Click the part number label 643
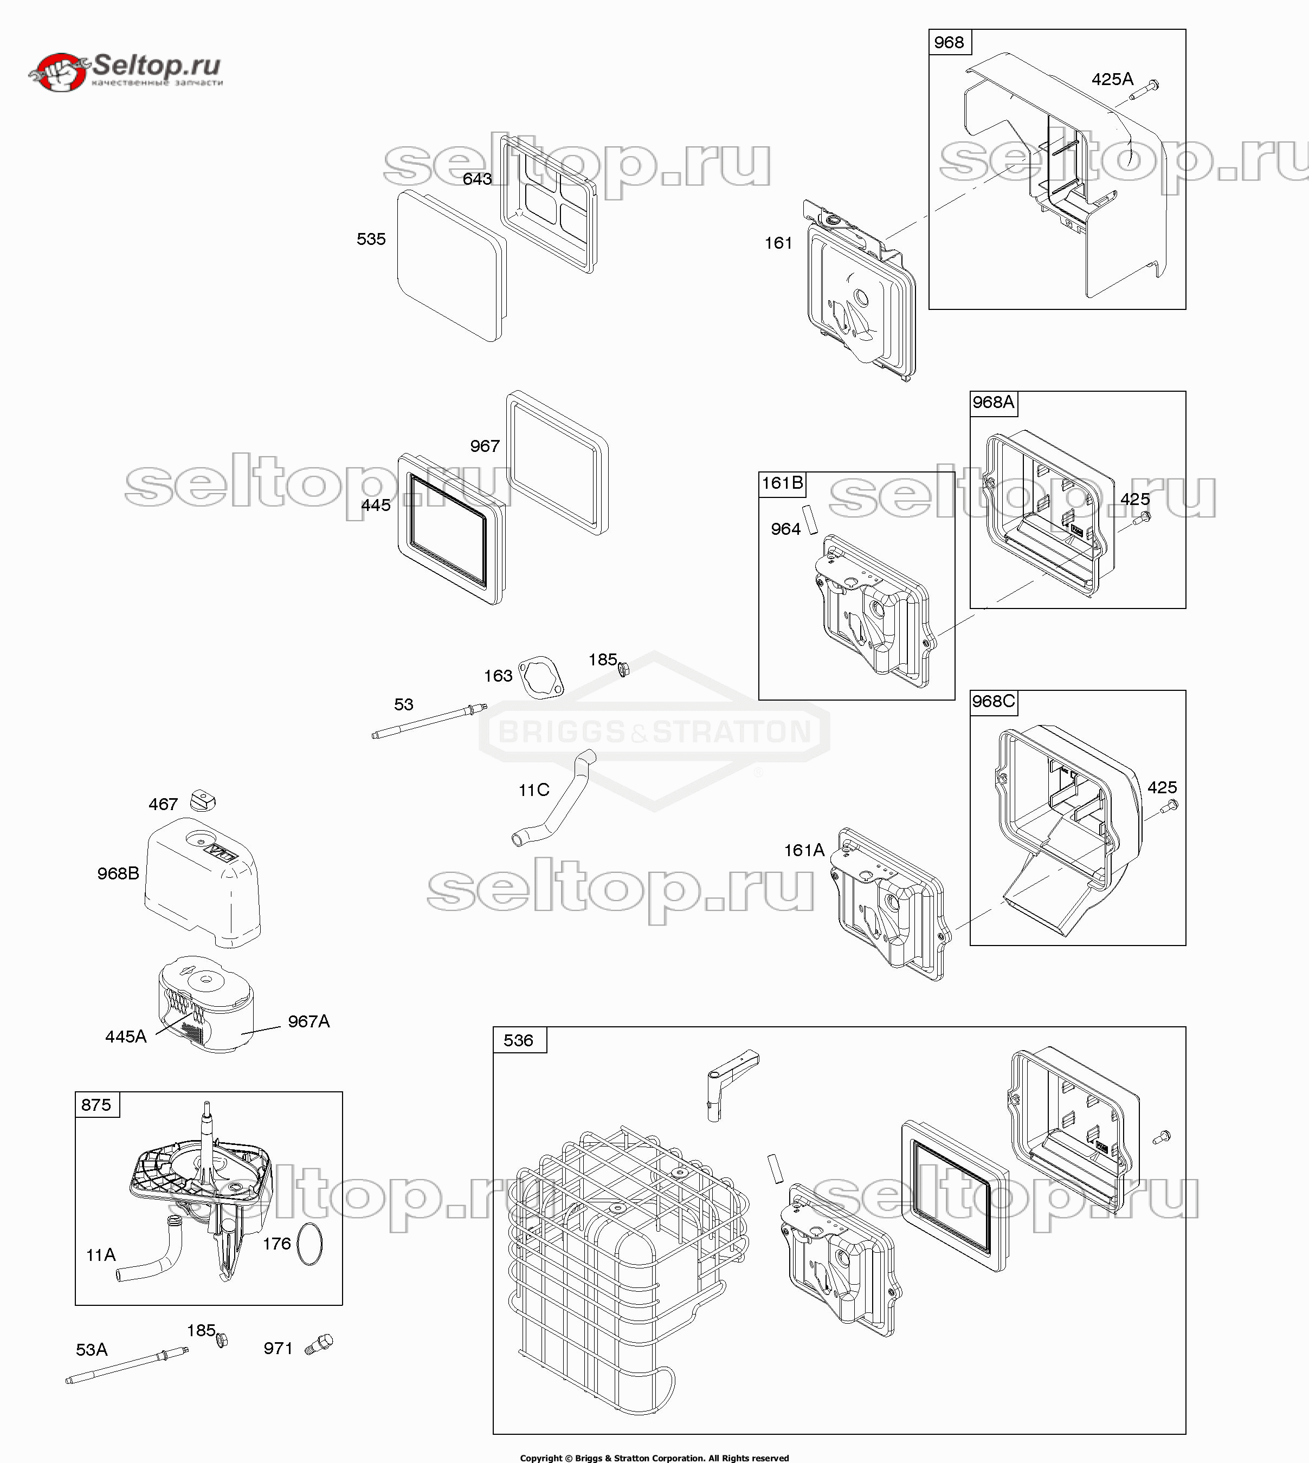pos(477,179)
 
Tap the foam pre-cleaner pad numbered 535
pos(451,266)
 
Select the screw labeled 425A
pos(1147,90)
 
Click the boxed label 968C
pos(993,701)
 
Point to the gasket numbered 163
pos(541,677)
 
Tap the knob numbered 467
pos(202,800)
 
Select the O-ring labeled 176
pos(309,1245)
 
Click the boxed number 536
pos(519,1040)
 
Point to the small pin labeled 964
pos(810,519)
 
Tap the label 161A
pos(803,851)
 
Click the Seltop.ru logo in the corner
pos(126,70)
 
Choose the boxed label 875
pos(96,1104)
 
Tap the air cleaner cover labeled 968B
pos(202,882)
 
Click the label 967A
pos(308,1021)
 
